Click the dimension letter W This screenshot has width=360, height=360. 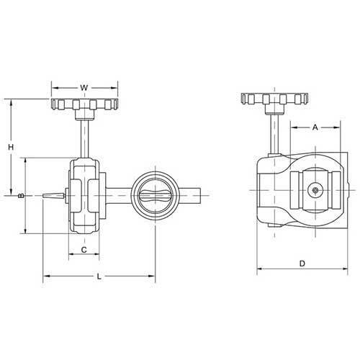point(84,88)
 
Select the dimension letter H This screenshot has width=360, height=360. point(11,147)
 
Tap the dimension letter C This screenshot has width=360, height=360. point(84,250)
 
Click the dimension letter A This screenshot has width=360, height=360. point(315,127)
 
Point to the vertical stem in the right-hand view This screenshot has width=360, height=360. point(273,133)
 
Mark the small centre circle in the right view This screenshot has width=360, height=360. point(315,191)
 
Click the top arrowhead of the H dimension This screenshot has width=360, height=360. point(11,102)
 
